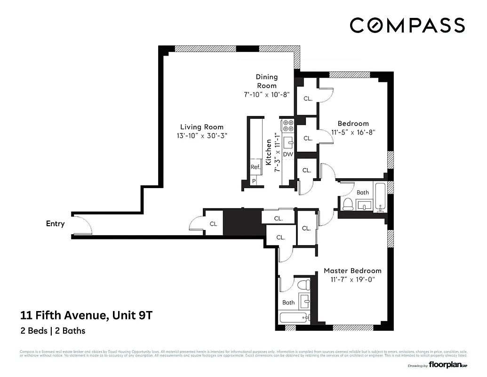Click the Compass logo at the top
pos(407,25)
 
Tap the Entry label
pos(55,224)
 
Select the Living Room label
pos(202,127)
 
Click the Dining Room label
pos(266,81)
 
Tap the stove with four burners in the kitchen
pos(287,125)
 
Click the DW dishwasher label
pos(288,154)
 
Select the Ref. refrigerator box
pos(255,167)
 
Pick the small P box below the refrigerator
pos(254,181)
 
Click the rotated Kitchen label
pos(269,152)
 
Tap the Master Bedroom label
pos(352,270)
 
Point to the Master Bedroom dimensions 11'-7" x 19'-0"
pos(352,280)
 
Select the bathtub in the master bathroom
pos(295,317)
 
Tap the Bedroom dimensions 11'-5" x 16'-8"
pos(353,133)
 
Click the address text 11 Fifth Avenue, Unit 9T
pos(86,315)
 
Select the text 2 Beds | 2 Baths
pos(53,330)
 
